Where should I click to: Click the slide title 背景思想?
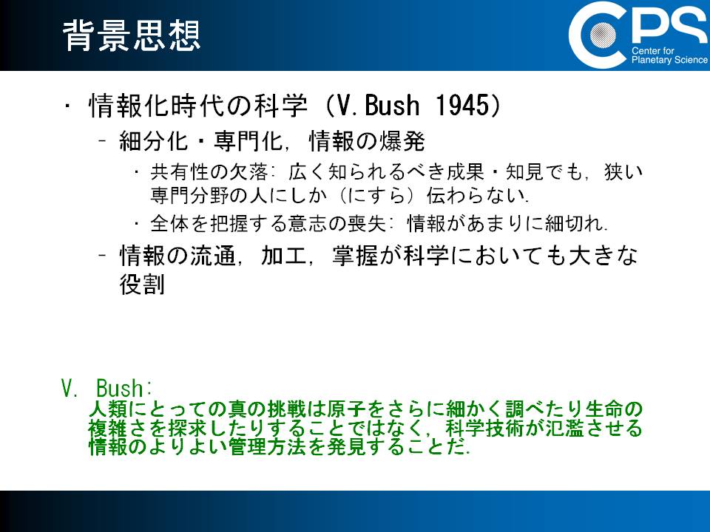[x=132, y=35]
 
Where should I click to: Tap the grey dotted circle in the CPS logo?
[x=602, y=35]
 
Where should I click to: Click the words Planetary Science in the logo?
[x=669, y=60]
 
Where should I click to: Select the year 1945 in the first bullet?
[x=462, y=106]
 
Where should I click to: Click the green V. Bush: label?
[x=106, y=388]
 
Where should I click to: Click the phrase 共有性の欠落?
[x=210, y=172]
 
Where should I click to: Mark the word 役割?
[x=142, y=284]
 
